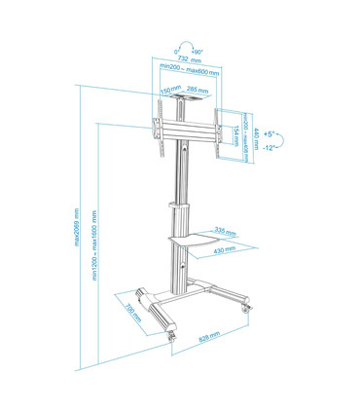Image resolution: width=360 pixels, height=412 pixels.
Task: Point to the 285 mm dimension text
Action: pyautogui.click(x=197, y=91)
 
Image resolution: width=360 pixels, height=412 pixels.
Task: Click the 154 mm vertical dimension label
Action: pyautogui.click(x=236, y=130)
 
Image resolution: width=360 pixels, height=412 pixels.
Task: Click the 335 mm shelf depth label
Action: pyautogui.click(x=224, y=232)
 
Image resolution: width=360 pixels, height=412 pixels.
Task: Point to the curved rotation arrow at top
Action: pyautogui.click(x=187, y=44)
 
